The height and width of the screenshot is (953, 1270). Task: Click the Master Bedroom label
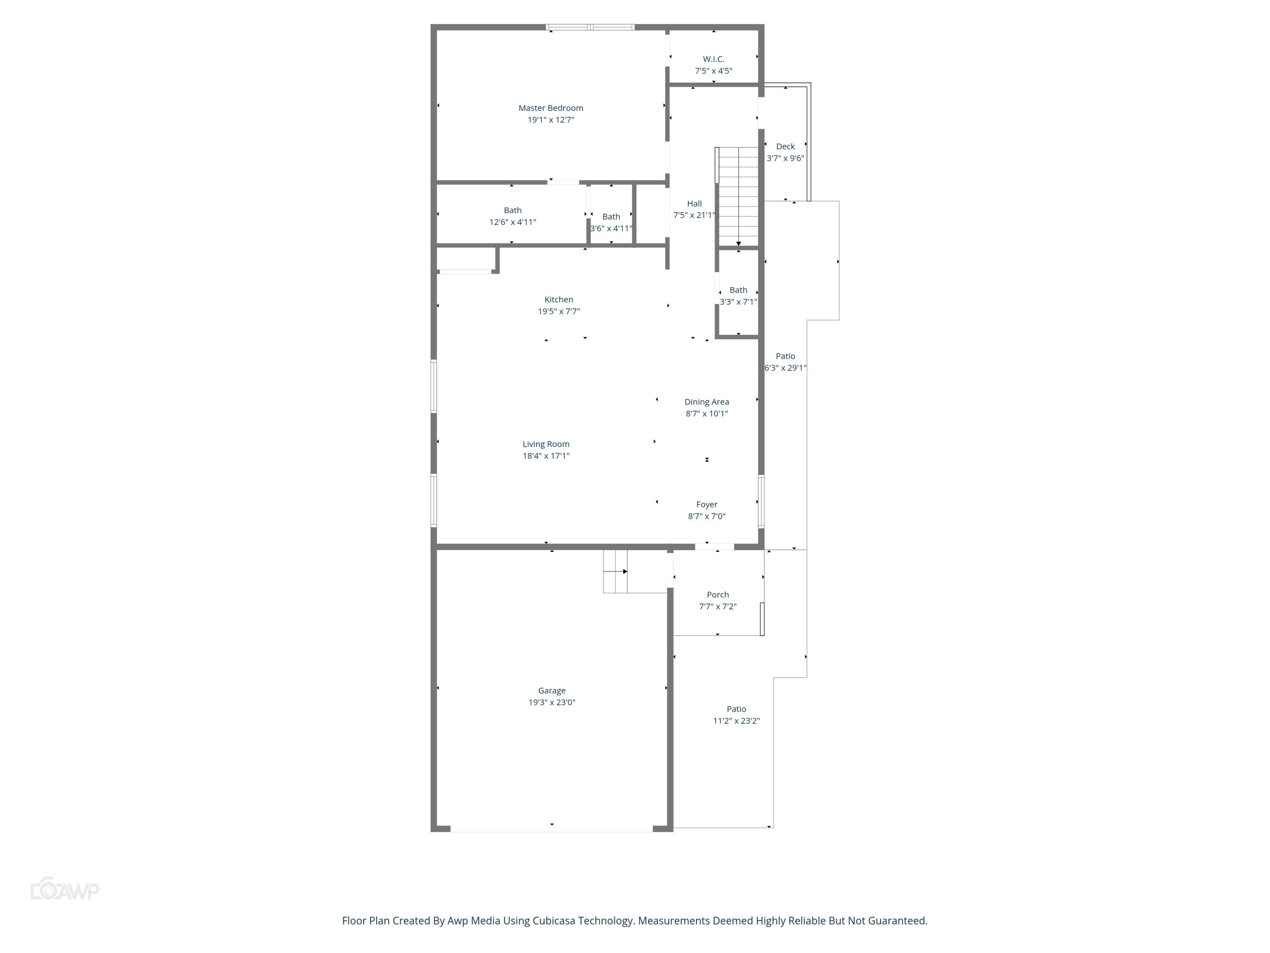point(551,108)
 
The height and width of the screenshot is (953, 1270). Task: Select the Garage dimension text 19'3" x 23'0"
point(551,702)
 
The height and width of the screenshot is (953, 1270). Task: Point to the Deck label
point(785,147)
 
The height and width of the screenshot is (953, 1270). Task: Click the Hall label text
point(694,203)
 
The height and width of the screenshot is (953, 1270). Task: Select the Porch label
point(717,595)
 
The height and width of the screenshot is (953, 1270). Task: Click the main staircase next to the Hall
point(738,195)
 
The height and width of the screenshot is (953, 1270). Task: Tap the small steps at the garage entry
point(615,571)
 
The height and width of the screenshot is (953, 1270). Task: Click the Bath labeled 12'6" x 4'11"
point(512,216)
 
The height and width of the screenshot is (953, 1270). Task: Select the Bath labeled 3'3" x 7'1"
point(738,296)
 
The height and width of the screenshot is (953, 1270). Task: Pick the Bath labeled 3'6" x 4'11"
point(611,222)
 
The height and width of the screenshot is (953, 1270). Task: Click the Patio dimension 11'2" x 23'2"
point(736,721)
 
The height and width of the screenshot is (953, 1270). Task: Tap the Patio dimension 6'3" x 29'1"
point(785,368)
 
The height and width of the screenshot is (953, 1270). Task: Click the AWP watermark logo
point(65,890)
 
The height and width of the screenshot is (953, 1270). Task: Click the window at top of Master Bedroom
point(590,27)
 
